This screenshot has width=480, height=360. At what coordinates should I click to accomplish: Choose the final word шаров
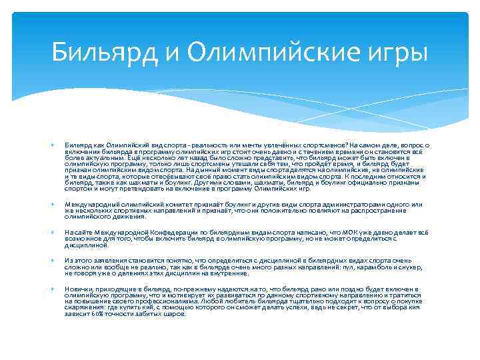tap(175, 314)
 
